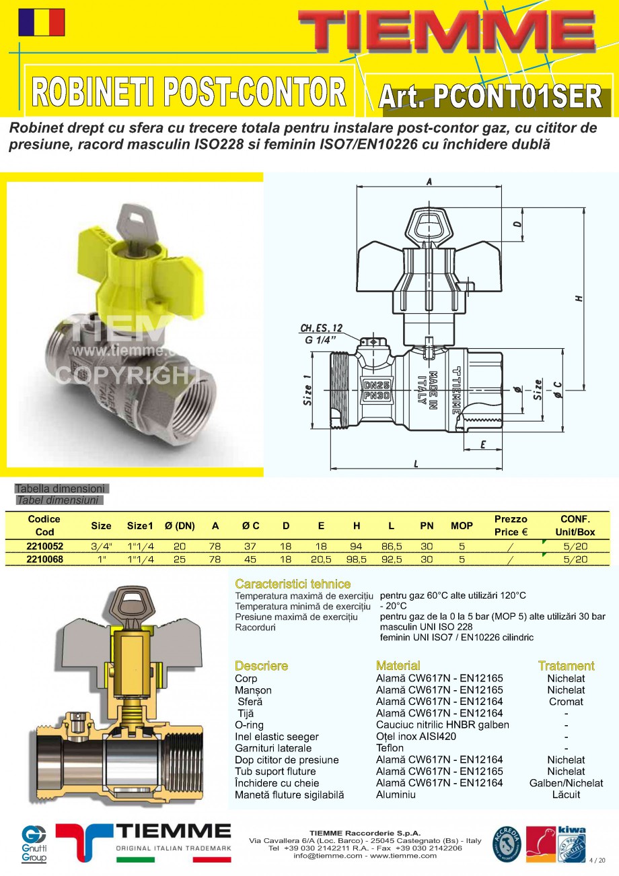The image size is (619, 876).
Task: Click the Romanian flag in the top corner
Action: [x=42, y=22]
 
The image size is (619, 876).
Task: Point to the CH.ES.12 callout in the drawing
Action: [x=321, y=329]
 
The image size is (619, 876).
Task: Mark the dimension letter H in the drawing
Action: [x=579, y=298]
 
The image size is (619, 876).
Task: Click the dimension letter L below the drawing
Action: [x=416, y=464]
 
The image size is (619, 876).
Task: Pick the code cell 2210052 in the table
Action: [x=44, y=546]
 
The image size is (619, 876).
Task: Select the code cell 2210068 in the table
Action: [x=44, y=559]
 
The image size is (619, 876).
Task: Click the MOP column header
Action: [x=462, y=525]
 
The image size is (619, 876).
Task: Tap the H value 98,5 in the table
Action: [x=356, y=559]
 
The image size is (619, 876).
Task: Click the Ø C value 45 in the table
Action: [x=250, y=559]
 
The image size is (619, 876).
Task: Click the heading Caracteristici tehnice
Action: [x=293, y=584]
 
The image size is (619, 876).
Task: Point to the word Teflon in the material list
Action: [x=390, y=748]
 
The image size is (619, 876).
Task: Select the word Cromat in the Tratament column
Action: [x=566, y=702]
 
